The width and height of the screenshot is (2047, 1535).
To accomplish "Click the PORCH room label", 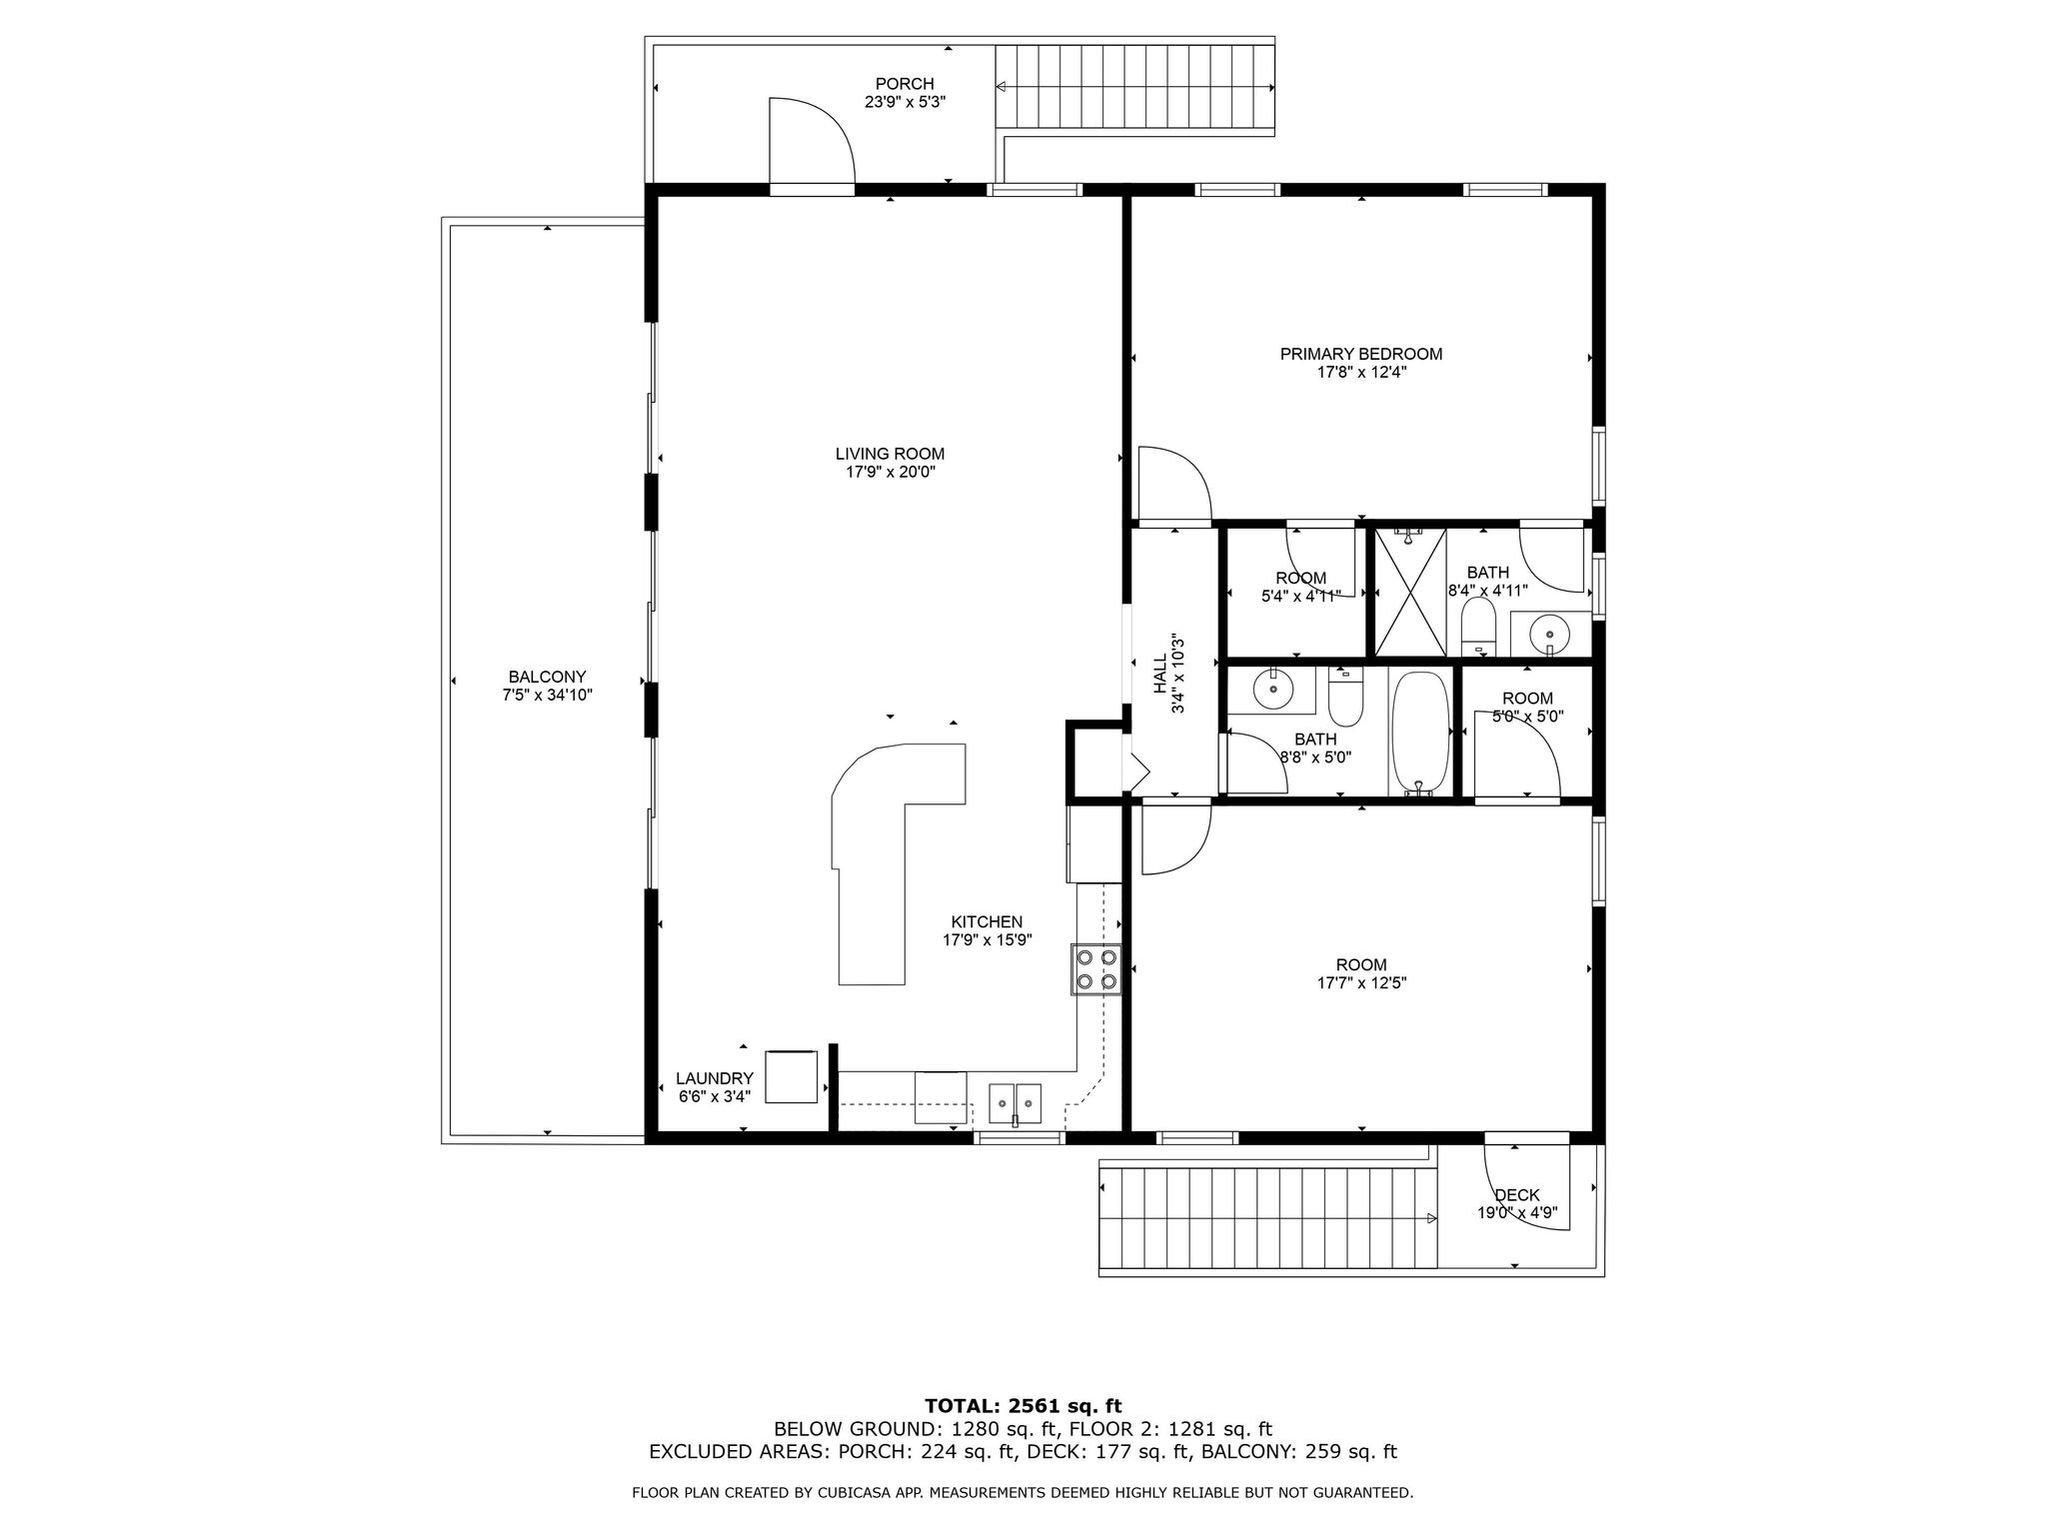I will pyautogui.click(x=904, y=84).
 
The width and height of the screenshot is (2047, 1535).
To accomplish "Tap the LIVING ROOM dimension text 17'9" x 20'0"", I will pyautogui.click(x=890, y=472).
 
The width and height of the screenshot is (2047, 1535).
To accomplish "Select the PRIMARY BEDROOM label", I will pyautogui.click(x=1360, y=354).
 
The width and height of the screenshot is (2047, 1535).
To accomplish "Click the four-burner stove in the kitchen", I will pyautogui.click(x=1094, y=969).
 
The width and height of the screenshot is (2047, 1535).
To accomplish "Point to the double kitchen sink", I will pyautogui.click(x=1015, y=1103).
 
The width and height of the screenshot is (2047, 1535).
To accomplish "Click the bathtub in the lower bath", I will pyautogui.click(x=1419, y=734).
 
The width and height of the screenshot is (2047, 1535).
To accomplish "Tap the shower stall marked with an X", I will pyautogui.click(x=1409, y=592).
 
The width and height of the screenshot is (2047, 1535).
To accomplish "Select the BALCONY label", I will pyautogui.click(x=547, y=677).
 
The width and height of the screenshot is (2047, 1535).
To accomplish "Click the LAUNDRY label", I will pyautogui.click(x=714, y=1078).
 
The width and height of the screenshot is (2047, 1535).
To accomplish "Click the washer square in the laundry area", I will pyautogui.click(x=791, y=1076).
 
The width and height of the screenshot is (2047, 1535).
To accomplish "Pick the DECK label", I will pyautogui.click(x=1516, y=1194).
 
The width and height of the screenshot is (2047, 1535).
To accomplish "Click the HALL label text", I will pyautogui.click(x=1160, y=675).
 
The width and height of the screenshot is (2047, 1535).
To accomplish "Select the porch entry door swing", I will pyautogui.click(x=811, y=142).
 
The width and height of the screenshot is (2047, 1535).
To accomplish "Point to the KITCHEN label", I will pyautogui.click(x=986, y=921).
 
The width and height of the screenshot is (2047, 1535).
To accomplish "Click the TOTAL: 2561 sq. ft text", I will pyautogui.click(x=1023, y=1406).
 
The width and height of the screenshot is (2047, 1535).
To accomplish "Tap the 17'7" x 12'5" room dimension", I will pyautogui.click(x=1360, y=982).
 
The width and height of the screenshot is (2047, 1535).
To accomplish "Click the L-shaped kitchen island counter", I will pyautogui.click(x=870, y=879).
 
